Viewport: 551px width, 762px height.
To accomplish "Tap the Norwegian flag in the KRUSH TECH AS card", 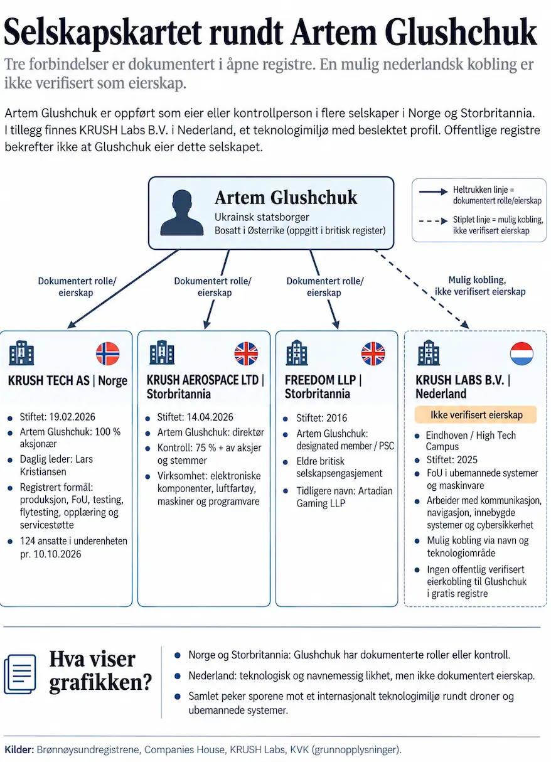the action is pos(108,353).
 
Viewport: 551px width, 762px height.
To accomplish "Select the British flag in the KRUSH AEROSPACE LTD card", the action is pos(246,353).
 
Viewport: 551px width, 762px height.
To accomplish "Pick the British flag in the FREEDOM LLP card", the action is pos(373,353).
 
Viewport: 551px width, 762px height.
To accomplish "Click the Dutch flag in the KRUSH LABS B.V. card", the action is pos(522,353).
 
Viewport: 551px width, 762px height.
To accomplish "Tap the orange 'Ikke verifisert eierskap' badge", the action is pos(476,415).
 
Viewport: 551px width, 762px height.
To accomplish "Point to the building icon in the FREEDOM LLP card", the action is pos(297,353).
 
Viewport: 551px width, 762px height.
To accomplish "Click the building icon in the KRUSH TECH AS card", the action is pos(21,353).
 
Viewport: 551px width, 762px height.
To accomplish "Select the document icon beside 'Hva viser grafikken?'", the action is pos(19,674).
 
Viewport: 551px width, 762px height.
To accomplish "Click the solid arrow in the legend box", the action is pos(433,191).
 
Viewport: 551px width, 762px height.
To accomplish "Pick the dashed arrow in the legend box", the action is pos(433,221).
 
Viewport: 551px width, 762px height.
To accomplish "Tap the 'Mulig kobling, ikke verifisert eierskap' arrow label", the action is pos(480,286).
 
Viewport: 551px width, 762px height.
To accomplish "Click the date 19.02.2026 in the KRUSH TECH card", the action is pos(72,417).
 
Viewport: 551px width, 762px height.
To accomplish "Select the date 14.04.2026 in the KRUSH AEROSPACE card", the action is pos(210,417).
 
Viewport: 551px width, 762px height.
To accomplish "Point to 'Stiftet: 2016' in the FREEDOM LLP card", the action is pos(321,418).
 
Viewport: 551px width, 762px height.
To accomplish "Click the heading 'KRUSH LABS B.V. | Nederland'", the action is pos(463,387).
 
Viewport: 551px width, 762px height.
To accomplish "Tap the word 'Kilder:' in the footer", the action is pos(19,749).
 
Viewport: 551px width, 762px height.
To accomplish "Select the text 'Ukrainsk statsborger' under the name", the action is pos(262,217).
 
